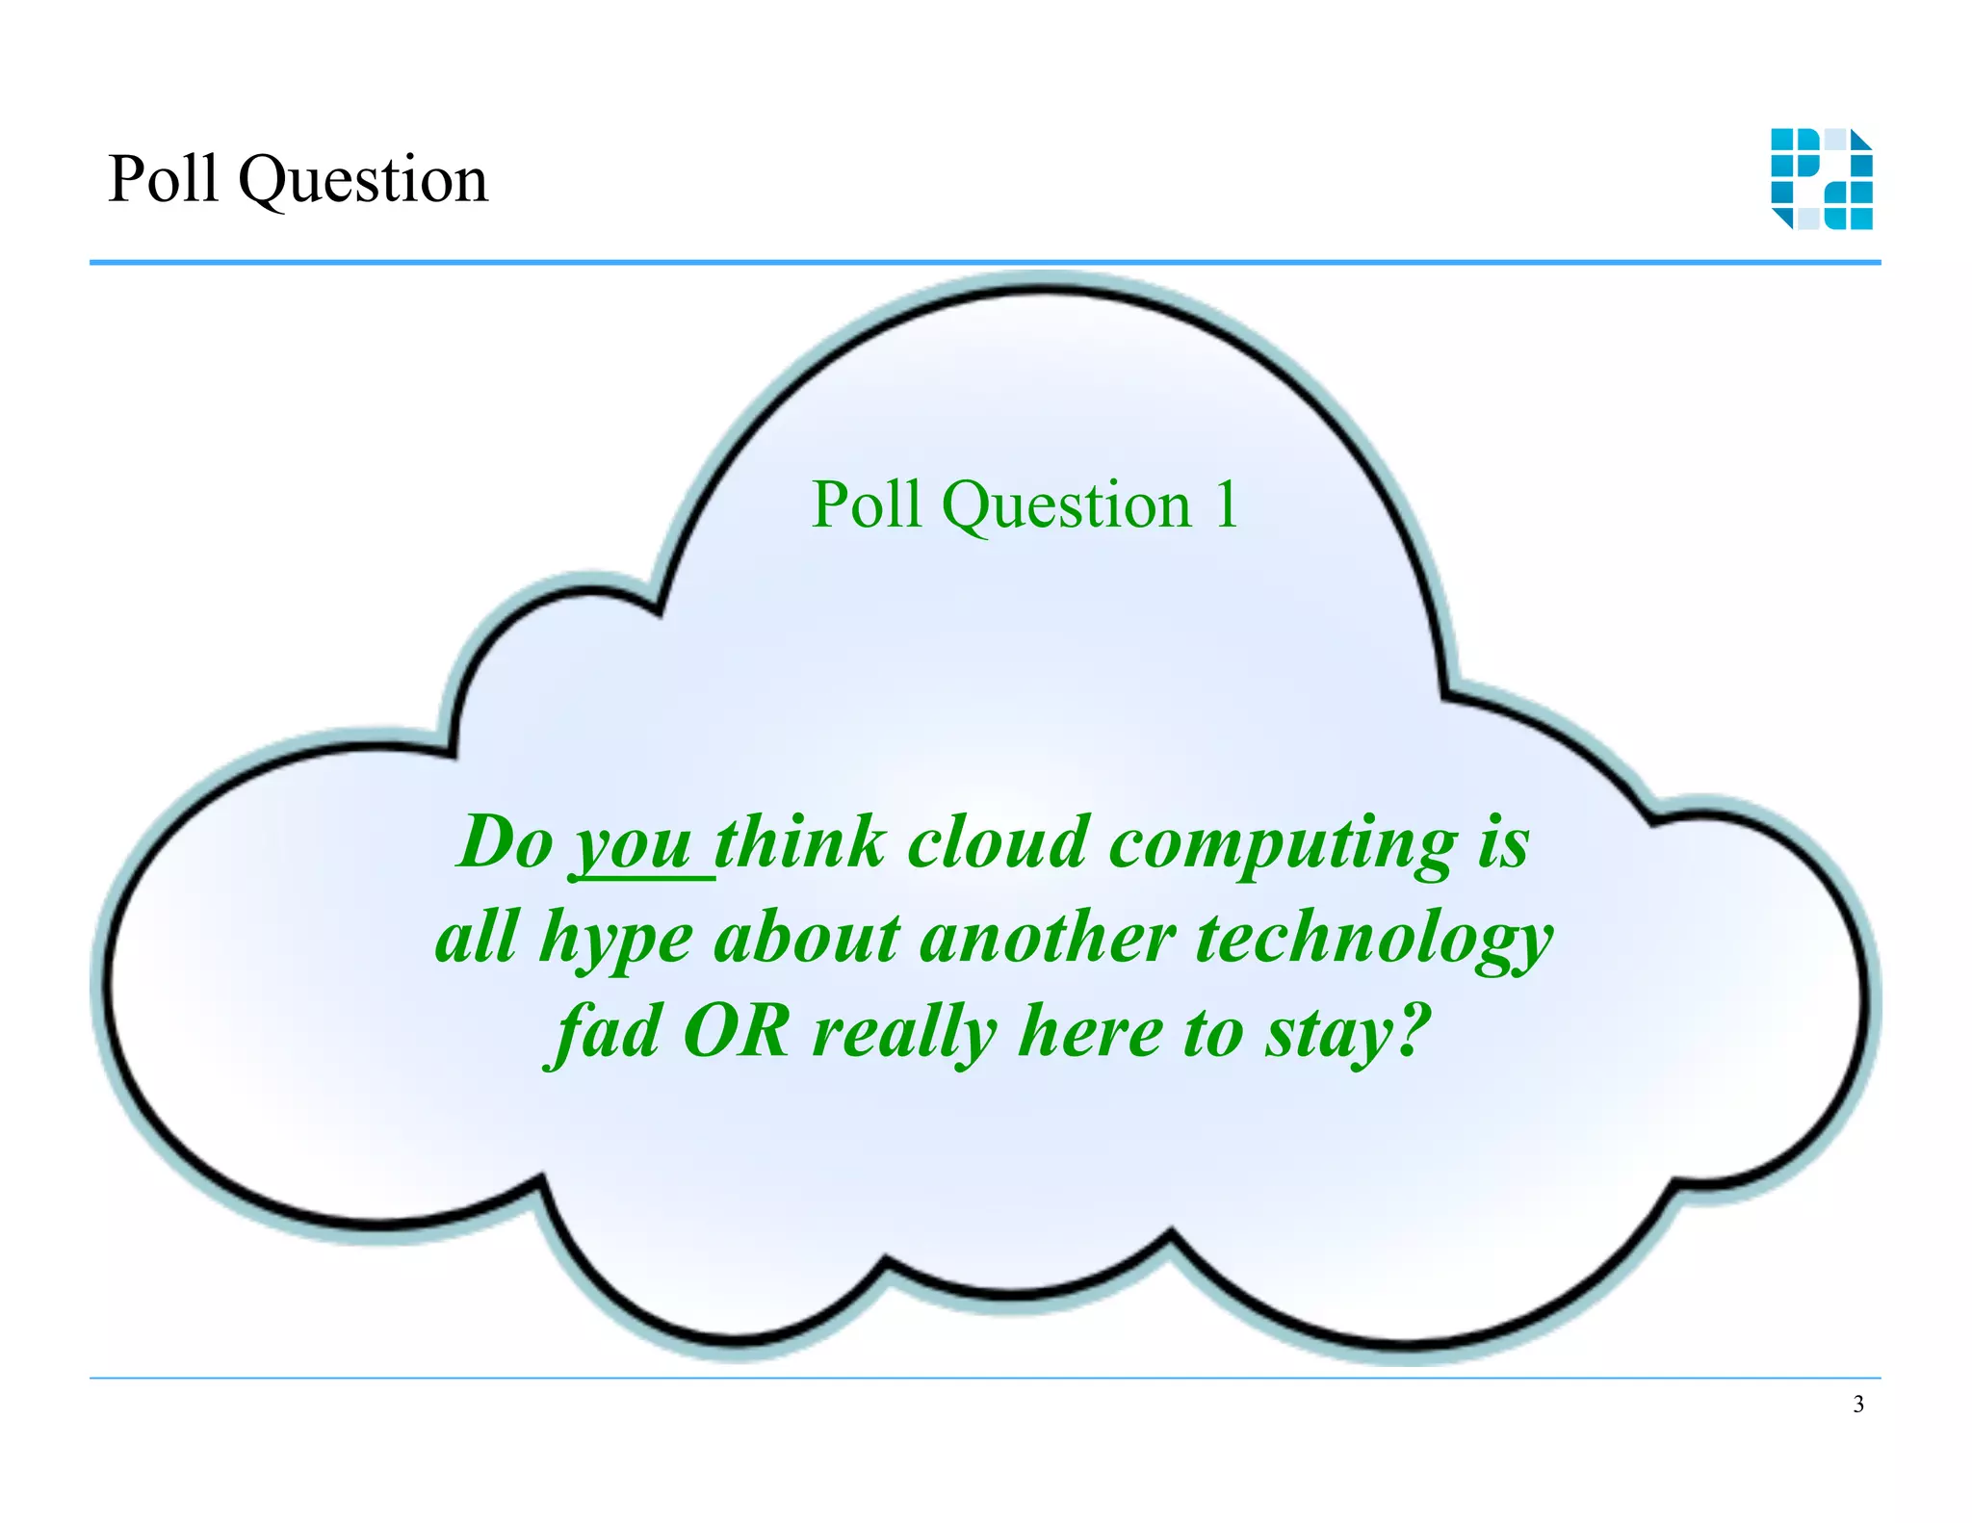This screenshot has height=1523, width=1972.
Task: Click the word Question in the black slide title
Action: [363, 181]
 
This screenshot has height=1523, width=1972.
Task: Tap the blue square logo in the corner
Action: [1821, 179]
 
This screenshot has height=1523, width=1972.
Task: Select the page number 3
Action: [1857, 1405]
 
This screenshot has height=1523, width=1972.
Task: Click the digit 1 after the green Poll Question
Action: [1226, 504]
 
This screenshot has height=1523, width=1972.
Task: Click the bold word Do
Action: [506, 842]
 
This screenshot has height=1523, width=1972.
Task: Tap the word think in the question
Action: [799, 842]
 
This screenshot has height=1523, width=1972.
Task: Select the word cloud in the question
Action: [998, 842]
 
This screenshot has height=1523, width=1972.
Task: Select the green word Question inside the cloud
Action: [1066, 504]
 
